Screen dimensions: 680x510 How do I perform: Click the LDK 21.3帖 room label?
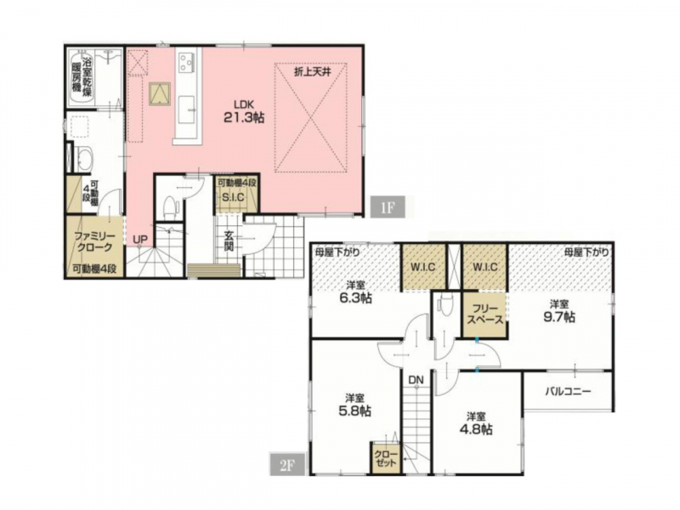pyautogui.click(x=244, y=112)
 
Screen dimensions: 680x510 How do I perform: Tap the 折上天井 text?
pyautogui.click(x=312, y=72)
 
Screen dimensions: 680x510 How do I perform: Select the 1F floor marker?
pyautogui.click(x=388, y=207)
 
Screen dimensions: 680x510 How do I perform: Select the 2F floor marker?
pyautogui.click(x=287, y=465)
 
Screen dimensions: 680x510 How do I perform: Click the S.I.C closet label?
pyautogui.click(x=233, y=197)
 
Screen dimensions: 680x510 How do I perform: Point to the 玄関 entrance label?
pyautogui.click(x=229, y=241)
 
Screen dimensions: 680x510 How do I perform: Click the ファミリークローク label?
pyautogui.click(x=93, y=242)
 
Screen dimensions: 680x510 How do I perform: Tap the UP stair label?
pyautogui.click(x=140, y=240)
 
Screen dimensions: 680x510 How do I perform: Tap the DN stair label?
pyautogui.click(x=416, y=380)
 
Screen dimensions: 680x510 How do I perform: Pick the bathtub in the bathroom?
pyautogui.click(x=82, y=78)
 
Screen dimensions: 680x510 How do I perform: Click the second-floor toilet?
pyautogui.click(x=443, y=303)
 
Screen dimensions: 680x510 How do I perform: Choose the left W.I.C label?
pyautogui.click(x=422, y=267)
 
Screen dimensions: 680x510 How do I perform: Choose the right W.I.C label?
pyautogui.click(x=485, y=267)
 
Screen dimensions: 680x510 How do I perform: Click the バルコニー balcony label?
pyautogui.click(x=568, y=392)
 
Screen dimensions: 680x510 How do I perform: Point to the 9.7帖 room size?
pyautogui.click(x=559, y=317)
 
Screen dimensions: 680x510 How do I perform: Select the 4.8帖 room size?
pyautogui.click(x=476, y=429)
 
